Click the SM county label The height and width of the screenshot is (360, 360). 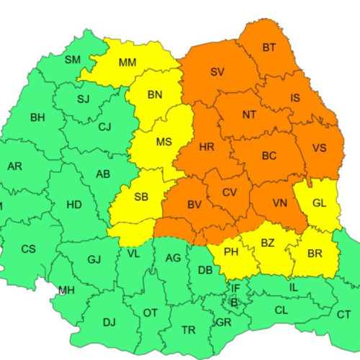pyautogui.click(x=73, y=59)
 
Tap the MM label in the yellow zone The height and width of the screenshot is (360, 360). pyautogui.click(x=127, y=63)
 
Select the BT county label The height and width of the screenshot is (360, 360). pyautogui.click(x=269, y=48)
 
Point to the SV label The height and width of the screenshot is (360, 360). pyautogui.click(x=217, y=71)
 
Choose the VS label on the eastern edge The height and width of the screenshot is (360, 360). pyautogui.click(x=320, y=148)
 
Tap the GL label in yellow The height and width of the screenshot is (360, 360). pyautogui.click(x=320, y=203)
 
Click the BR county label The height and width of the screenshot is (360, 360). pyautogui.click(x=314, y=253)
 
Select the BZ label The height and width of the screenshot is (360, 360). pyautogui.click(x=268, y=243)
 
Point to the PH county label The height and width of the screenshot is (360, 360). pyautogui.click(x=232, y=252)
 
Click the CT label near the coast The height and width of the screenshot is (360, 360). pyautogui.click(x=343, y=315)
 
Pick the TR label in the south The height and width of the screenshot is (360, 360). pyautogui.click(x=189, y=330)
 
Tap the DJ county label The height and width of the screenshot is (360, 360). pyautogui.click(x=109, y=323)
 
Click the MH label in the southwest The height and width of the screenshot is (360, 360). pyautogui.click(x=66, y=290)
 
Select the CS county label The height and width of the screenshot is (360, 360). pyautogui.click(x=28, y=249)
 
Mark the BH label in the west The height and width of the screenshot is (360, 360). pyautogui.click(x=37, y=117)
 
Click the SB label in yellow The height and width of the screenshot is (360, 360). pyautogui.click(x=142, y=197)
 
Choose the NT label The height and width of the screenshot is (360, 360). pyautogui.click(x=249, y=114)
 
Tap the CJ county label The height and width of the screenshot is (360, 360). pyautogui.click(x=105, y=127)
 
